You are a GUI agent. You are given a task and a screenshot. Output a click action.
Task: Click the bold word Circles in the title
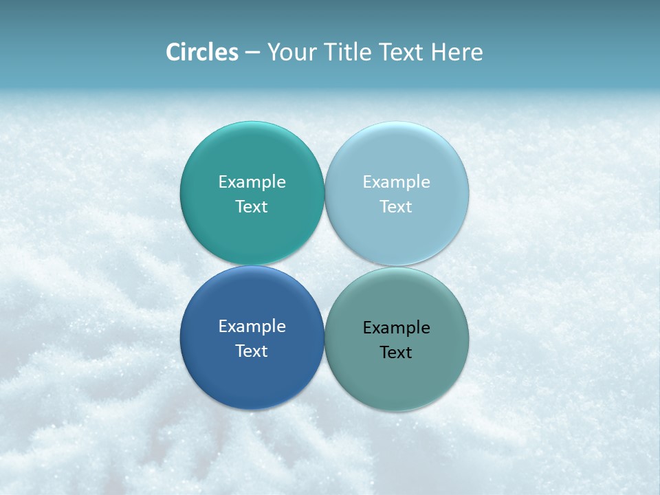click(x=202, y=52)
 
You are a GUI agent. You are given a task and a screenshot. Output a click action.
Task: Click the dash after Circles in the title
click(x=252, y=53)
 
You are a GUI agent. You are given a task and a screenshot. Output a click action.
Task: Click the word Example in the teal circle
click(x=252, y=182)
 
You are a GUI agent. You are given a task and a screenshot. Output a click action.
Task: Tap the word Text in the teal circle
click(x=252, y=207)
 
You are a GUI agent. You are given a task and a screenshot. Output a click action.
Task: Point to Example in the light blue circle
click(x=396, y=182)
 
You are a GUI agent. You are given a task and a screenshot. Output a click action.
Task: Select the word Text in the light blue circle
click(x=396, y=207)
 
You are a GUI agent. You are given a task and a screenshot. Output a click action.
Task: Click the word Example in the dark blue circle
click(x=252, y=327)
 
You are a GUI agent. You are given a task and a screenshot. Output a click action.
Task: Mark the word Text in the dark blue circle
click(x=252, y=351)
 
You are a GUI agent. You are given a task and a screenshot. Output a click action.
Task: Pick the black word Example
click(x=396, y=328)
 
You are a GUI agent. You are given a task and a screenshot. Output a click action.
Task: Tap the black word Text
click(x=396, y=353)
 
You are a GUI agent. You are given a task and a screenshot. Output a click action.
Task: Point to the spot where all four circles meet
click(x=324, y=266)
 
